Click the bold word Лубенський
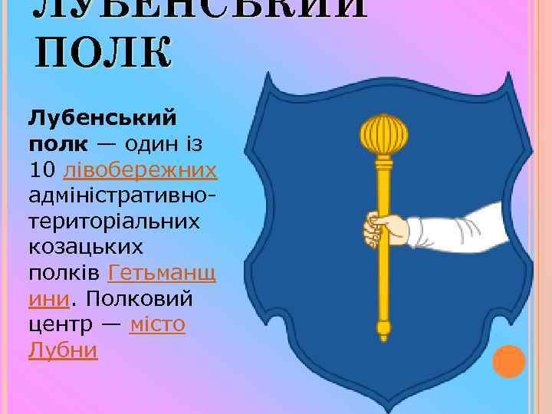102,119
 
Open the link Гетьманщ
163,272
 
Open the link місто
157,324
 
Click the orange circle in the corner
508,362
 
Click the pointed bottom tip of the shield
387,404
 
